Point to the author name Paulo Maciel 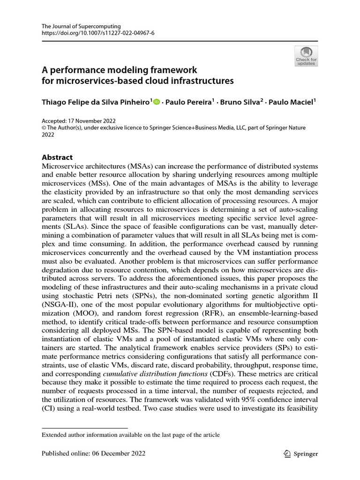click(293, 102)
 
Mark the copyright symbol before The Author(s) click(45, 127)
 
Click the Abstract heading click(57, 157)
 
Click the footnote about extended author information click(131, 435)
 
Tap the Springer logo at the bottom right click(301, 453)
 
